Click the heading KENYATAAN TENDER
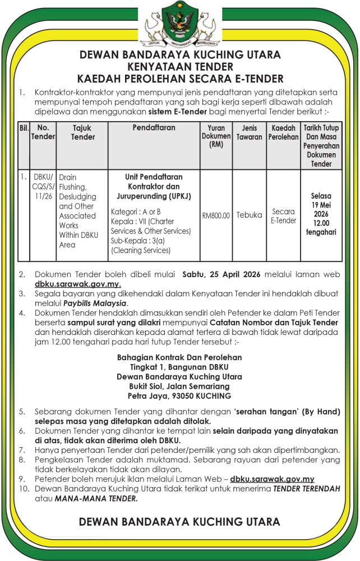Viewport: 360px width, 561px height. click(x=180, y=66)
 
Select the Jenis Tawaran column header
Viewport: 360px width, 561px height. click(x=249, y=132)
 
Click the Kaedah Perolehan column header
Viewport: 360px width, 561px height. click(x=283, y=132)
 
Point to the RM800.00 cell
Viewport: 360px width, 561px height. click(x=216, y=215)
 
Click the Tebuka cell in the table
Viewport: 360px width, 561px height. click(x=249, y=215)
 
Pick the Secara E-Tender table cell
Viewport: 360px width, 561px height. click(x=283, y=215)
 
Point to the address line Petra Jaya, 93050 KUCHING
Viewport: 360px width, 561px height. click(x=179, y=396)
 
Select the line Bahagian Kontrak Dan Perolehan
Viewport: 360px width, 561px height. click(x=179, y=357)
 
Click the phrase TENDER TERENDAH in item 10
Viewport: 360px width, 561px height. click(x=307, y=489)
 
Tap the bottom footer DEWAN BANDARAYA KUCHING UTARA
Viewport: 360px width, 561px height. click(x=179, y=522)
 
